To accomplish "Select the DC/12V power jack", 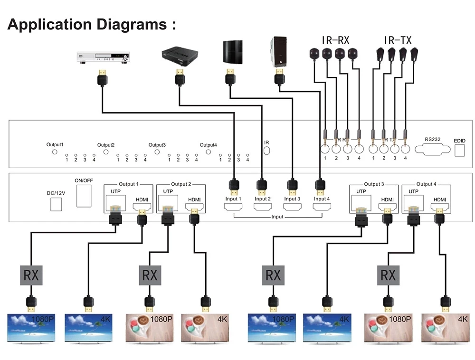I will click(x=56, y=204).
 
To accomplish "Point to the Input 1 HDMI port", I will click(x=233, y=207).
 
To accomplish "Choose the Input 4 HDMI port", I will click(x=321, y=207).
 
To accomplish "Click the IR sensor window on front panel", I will click(x=266, y=151).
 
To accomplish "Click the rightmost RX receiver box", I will click(x=388, y=275).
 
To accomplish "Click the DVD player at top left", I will click(x=102, y=57).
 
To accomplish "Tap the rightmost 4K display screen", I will click(x=446, y=327).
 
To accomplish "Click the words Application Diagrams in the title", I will click(x=87, y=24).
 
